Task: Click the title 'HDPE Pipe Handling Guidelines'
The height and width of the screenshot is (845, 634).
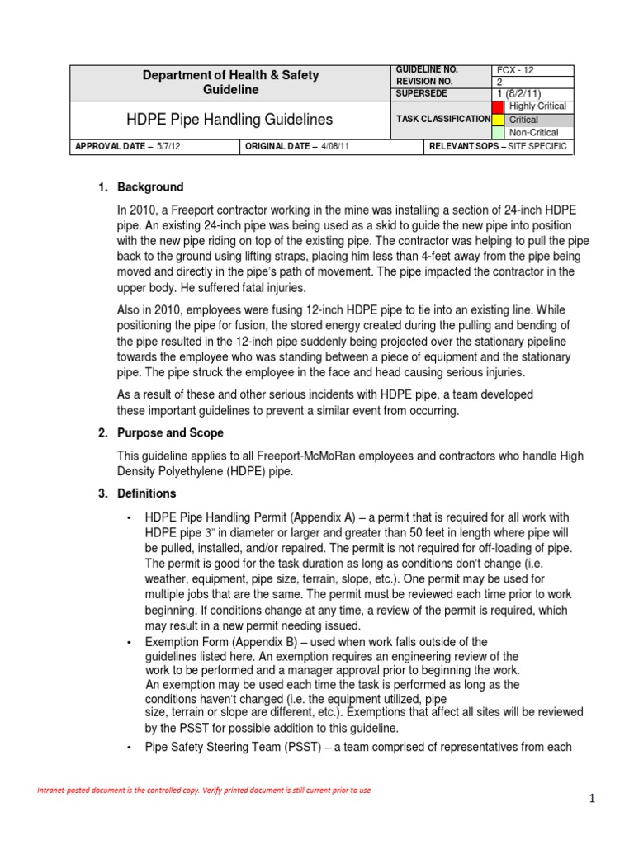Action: [x=229, y=120]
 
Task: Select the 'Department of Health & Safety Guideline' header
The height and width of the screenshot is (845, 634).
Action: [x=231, y=83]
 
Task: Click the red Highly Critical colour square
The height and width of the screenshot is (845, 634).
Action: [x=497, y=106]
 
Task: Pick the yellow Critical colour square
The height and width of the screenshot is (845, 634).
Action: [x=497, y=120]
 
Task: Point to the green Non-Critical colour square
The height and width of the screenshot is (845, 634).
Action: [x=497, y=132]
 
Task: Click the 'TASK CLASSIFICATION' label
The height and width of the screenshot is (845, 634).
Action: [x=443, y=120]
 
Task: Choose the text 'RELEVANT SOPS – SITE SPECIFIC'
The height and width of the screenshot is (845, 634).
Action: [x=497, y=148]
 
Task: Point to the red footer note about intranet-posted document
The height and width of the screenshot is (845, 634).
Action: [x=203, y=791]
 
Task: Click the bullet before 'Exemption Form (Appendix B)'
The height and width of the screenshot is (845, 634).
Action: [x=129, y=642]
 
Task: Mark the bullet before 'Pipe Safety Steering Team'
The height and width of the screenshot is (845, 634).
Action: [x=129, y=748]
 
